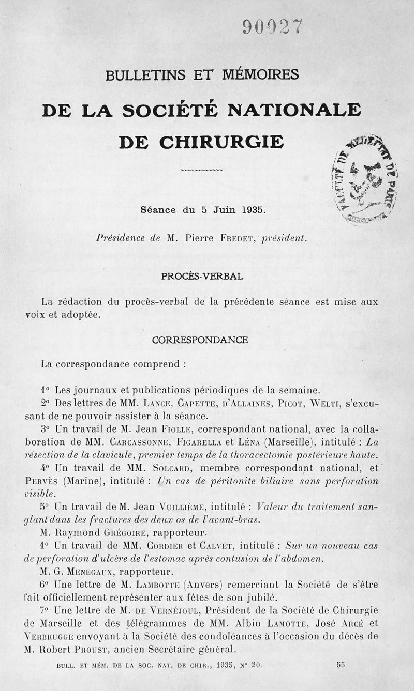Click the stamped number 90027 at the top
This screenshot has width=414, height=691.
(271, 27)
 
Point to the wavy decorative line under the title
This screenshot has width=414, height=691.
(202, 170)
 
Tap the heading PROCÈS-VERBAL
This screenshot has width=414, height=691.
(202, 276)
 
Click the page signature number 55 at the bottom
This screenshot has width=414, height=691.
(341, 665)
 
